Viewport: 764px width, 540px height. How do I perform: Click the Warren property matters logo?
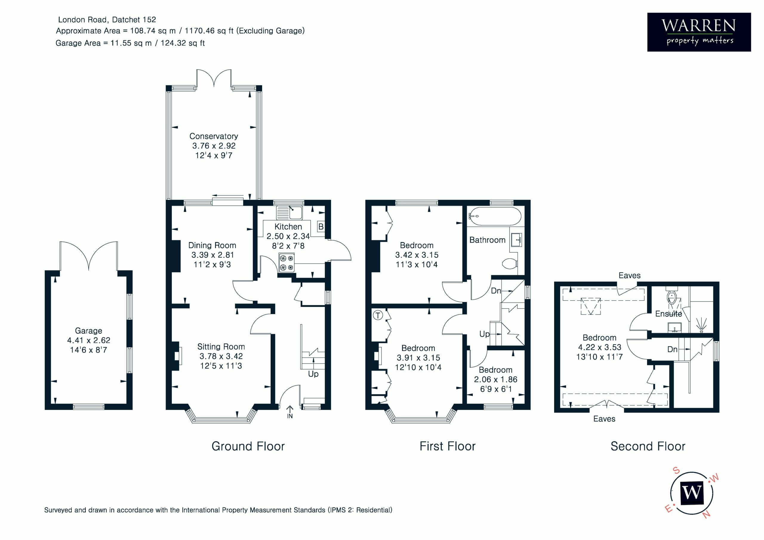tap(699, 32)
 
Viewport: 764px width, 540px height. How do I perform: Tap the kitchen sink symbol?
tap(289, 213)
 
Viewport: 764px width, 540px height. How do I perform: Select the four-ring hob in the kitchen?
tap(287, 263)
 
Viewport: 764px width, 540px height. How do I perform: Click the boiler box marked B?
tap(321, 226)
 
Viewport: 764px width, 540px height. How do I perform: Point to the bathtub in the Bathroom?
tap(495, 217)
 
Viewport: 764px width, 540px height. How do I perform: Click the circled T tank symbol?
tap(378, 315)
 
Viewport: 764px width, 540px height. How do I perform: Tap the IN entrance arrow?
tap(290, 412)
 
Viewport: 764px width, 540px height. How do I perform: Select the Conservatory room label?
tap(214, 136)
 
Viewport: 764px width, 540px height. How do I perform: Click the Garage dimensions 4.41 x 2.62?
tap(89, 340)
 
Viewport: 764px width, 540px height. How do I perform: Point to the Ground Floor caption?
tap(248, 446)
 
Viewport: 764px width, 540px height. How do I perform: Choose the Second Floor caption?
tap(648, 446)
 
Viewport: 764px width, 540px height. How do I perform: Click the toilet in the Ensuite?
tap(671, 297)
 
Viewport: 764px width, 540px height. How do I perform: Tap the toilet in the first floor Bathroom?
tap(509, 263)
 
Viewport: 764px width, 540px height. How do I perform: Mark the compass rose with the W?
tap(692, 493)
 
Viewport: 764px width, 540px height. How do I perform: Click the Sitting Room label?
tap(221, 346)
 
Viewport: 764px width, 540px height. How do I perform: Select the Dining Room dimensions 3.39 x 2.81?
tap(212, 255)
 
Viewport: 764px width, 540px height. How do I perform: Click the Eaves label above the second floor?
tap(630, 275)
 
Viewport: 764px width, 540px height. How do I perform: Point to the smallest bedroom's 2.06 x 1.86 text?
tap(496, 379)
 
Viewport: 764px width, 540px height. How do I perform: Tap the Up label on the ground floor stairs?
tap(313, 374)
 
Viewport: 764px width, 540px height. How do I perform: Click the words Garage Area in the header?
tap(78, 43)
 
